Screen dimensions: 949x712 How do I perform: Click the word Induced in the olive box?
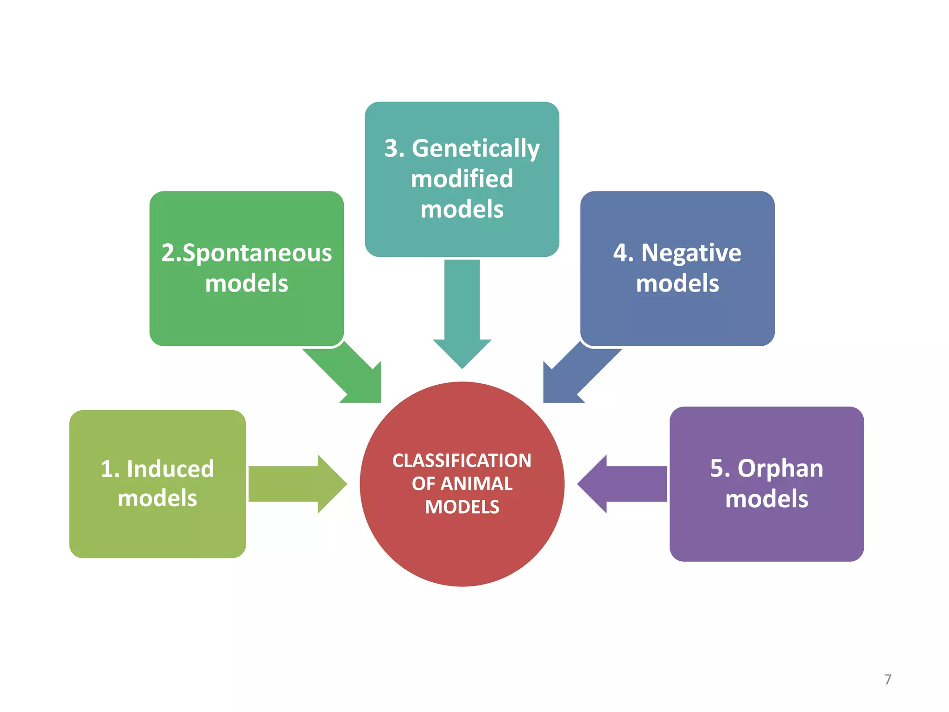tap(170, 469)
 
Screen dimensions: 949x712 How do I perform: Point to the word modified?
tap(462, 179)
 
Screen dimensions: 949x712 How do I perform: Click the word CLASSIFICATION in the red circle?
tap(462, 461)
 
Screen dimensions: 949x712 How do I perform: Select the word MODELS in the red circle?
tap(462, 507)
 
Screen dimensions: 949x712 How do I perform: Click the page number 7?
tap(888, 680)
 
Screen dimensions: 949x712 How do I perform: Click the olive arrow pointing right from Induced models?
tap(297, 484)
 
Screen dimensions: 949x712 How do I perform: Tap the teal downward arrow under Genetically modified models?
tap(462, 314)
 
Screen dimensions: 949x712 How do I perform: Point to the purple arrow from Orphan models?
tap(622, 484)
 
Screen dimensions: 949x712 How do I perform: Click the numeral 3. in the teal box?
tap(395, 148)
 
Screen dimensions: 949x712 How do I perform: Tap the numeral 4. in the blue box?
tap(623, 253)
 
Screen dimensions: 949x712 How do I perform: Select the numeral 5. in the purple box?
tap(720, 469)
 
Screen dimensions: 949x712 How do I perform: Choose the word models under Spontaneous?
tap(247, 284)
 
